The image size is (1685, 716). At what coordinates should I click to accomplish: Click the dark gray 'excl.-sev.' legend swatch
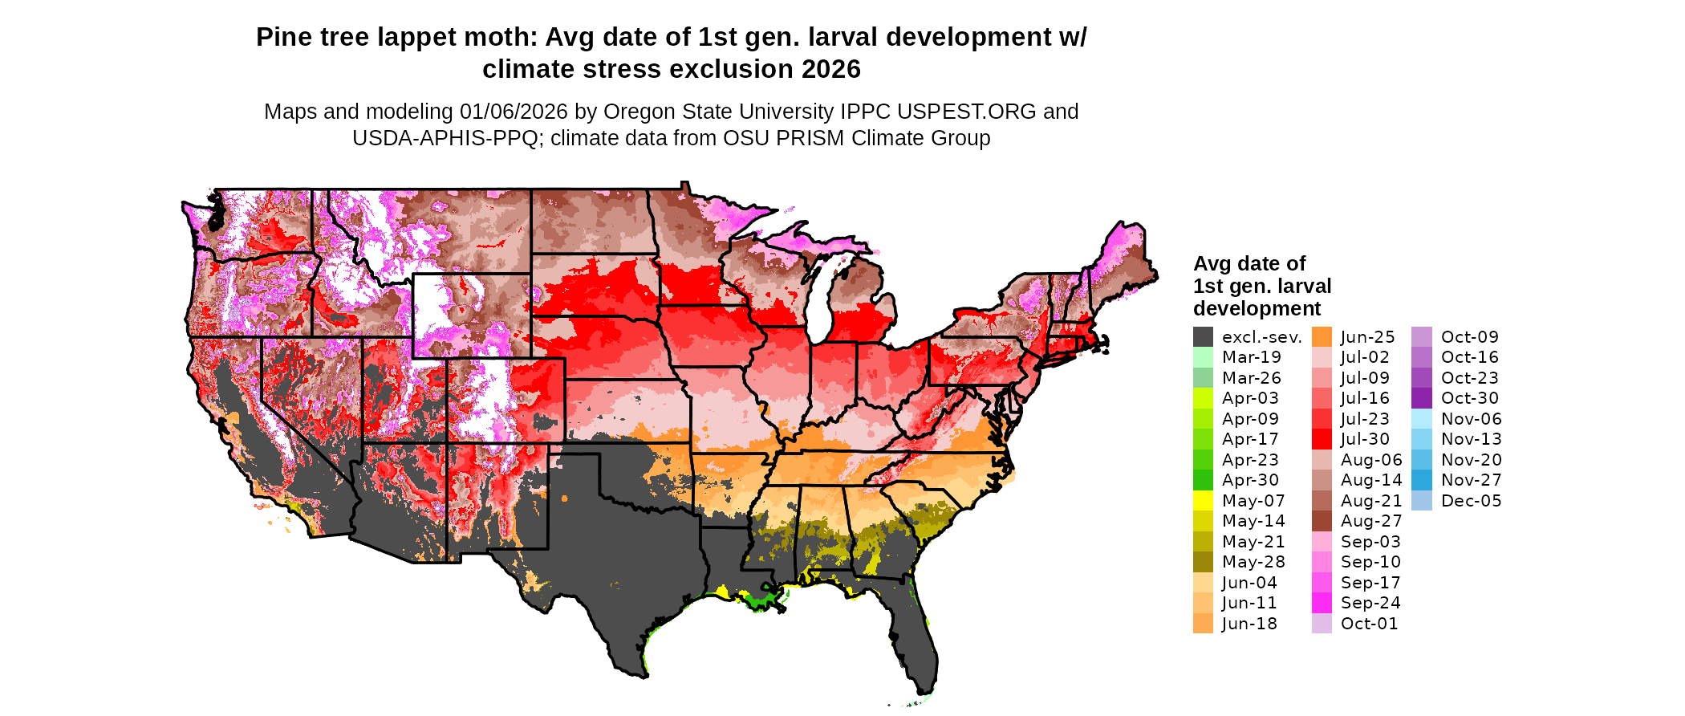coord(1203,337)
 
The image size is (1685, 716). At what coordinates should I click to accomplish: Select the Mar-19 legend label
coord(1251,357)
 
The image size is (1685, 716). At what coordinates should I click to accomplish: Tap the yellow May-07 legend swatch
coord(1203,501)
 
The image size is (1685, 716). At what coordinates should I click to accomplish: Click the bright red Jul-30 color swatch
coord(1322,439)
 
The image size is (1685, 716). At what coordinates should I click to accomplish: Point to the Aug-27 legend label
coord(1371,521)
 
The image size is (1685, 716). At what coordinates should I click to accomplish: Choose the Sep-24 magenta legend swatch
coord(1322,603)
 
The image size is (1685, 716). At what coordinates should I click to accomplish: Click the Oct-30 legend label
coord(1469,398)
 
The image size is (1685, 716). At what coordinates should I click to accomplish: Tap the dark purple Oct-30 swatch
coord(1421,398)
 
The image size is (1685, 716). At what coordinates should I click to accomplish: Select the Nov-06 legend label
coord(1471,419)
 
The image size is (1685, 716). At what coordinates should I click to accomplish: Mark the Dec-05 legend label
coord(1471,501)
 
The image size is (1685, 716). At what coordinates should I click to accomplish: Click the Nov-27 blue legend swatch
coord(1421,480)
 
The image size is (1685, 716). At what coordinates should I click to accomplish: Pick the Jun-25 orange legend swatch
coord(1322,337)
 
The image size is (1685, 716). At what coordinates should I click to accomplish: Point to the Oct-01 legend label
coord(1369,624)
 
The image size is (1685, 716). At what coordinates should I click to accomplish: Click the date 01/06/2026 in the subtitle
coord(513,112)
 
